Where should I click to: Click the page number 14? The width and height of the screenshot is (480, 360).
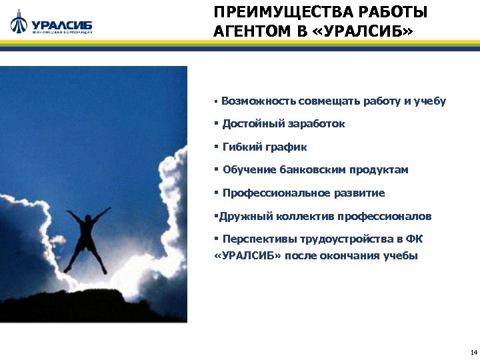click(473, 351)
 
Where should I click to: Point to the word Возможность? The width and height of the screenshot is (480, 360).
click(259, 101)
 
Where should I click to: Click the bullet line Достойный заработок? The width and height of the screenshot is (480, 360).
click(283, 124)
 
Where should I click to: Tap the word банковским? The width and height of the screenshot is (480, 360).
click(307, 170)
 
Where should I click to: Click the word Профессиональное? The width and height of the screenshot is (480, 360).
click(274, 193)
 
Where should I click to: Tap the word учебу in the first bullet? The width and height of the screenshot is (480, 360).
click(429, 101)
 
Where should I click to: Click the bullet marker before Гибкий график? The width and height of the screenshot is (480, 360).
click(216, 147)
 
